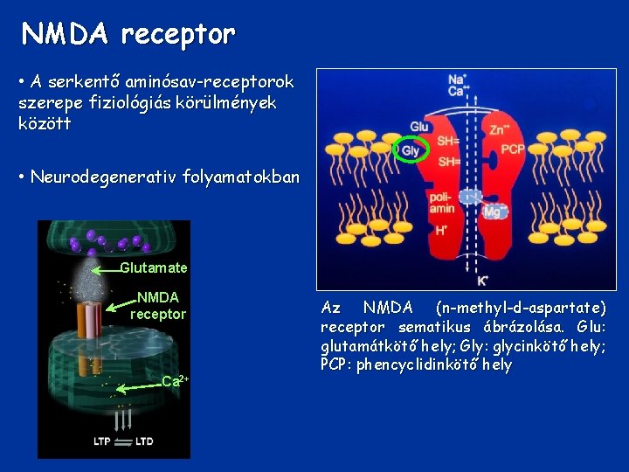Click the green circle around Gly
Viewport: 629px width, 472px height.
411,150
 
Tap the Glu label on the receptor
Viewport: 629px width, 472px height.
419,127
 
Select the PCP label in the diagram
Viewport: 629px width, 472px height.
513,149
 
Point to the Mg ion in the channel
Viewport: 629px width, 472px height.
494,211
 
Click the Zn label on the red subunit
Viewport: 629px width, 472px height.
501,129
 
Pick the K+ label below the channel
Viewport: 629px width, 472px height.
481,281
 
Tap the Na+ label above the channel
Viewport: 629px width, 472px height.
456,79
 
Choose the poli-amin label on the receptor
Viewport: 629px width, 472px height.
441,204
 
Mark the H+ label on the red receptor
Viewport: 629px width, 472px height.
441,230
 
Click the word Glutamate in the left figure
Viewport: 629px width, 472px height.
153,267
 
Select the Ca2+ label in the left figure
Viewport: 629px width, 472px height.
176,380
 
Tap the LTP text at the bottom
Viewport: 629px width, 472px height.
103,441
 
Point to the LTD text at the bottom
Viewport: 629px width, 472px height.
144,441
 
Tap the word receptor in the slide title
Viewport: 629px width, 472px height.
178,34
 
